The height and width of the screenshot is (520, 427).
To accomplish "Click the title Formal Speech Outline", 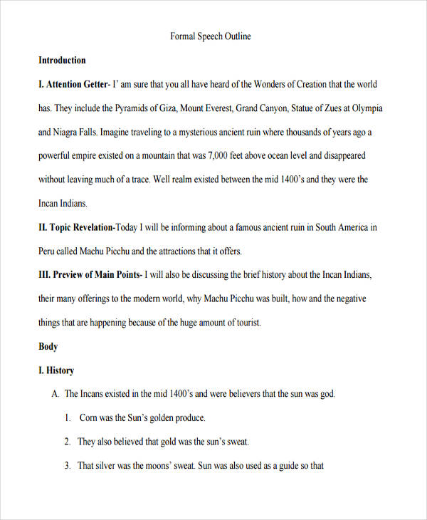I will tap(211, 36).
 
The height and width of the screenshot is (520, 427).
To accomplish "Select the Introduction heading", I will tap(62, 61).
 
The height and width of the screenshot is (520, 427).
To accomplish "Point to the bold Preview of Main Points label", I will tap(92, 275).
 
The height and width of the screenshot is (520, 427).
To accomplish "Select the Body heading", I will tap(48, 347).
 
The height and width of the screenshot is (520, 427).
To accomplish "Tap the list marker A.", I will tap(56, 394).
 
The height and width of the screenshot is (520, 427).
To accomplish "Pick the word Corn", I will tap(88, 418).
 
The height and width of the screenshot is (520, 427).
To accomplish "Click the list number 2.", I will tap(67, 442).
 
